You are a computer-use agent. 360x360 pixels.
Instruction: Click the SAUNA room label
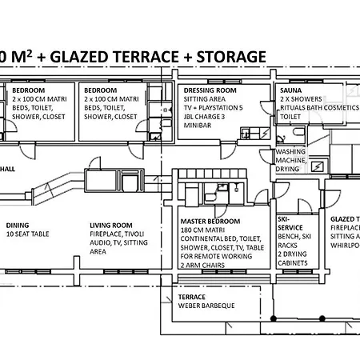pos(290,91)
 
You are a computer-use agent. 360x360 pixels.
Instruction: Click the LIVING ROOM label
pos(111,226)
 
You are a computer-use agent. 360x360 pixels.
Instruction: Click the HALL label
pos(7,170)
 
